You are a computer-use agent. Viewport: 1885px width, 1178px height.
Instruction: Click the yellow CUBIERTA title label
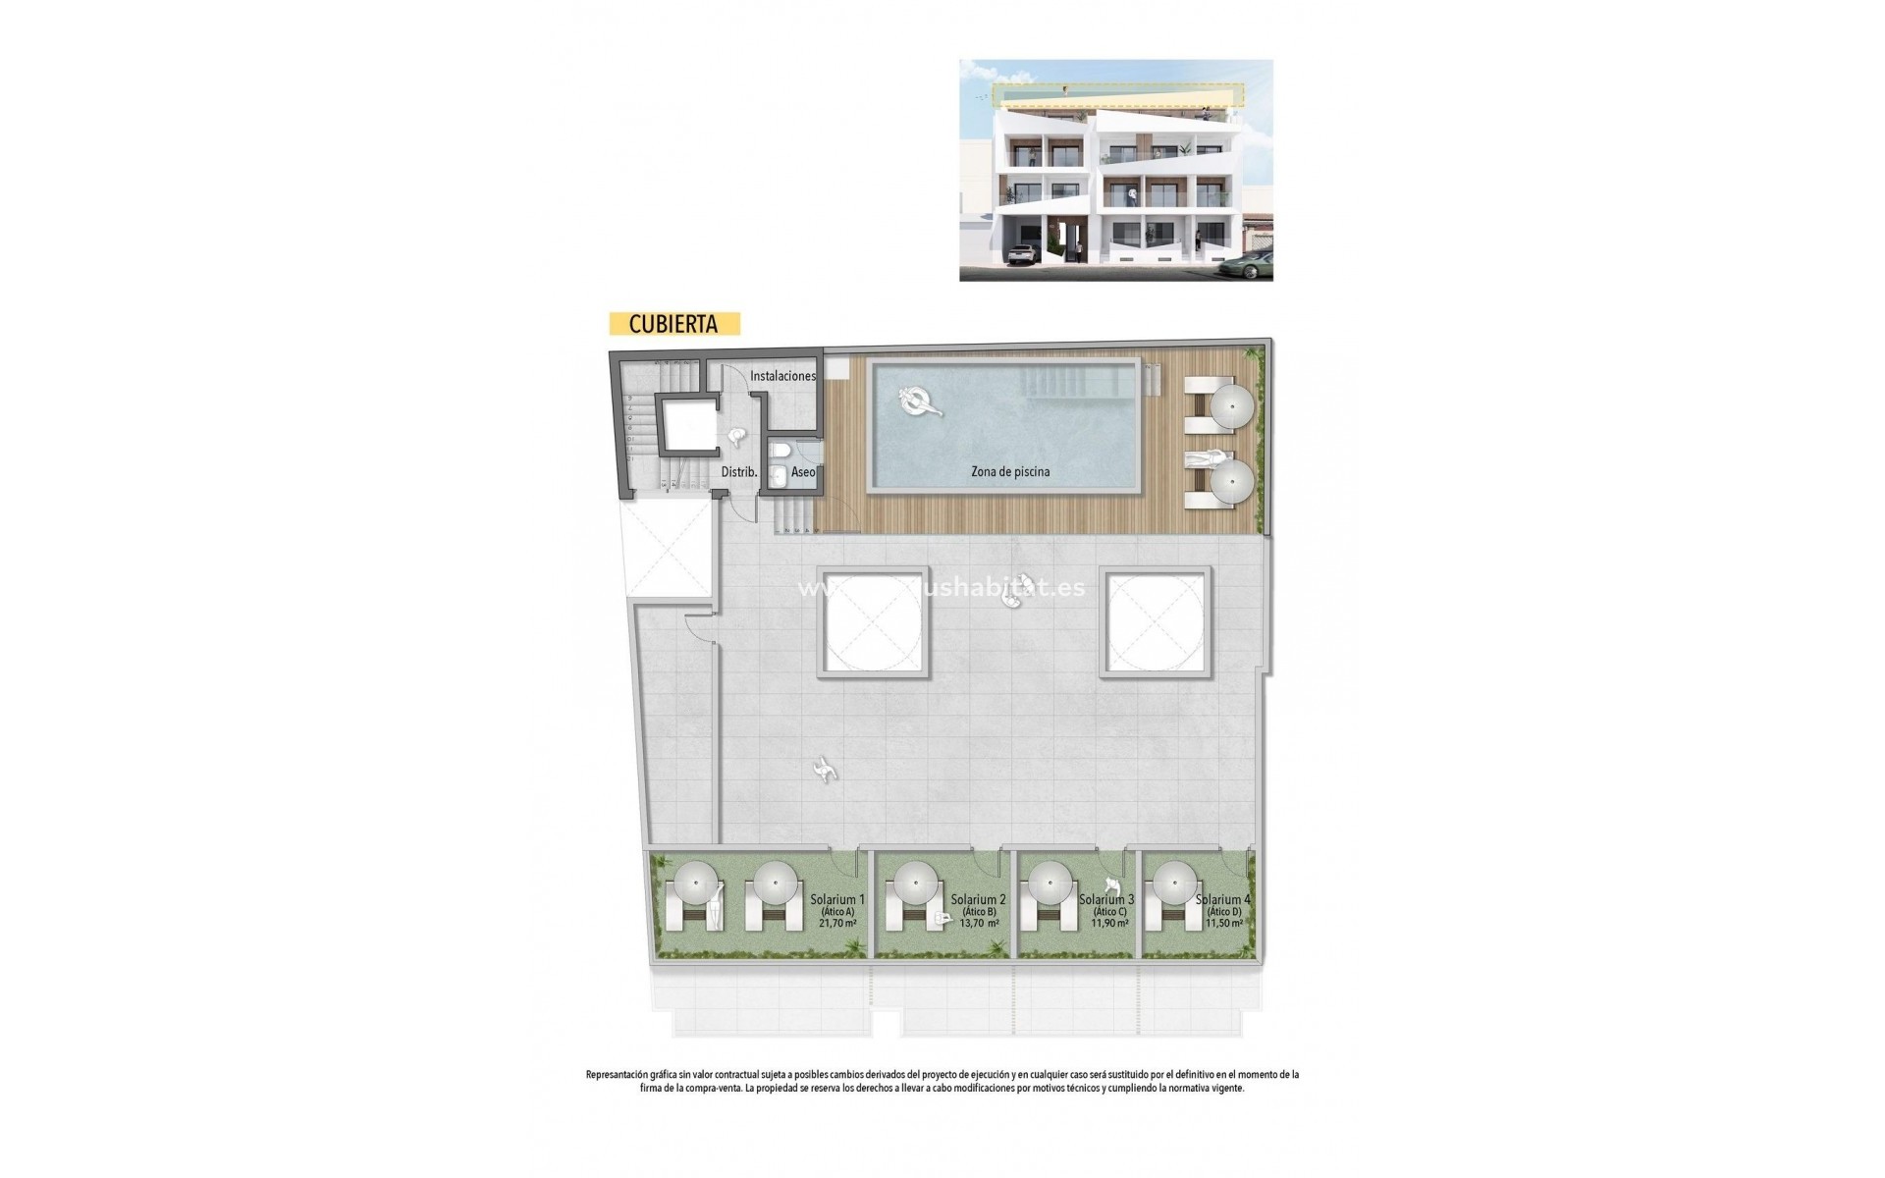pos(673,324)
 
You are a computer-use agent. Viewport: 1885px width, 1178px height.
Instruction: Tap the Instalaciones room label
pos(782,376)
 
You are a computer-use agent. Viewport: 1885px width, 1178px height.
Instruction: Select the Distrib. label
pos(738,472)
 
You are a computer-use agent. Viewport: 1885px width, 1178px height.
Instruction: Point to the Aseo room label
pos(803,472)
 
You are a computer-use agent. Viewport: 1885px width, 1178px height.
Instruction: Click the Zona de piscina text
pos(1009,472)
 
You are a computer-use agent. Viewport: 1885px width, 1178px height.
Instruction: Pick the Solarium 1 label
pos(836,899)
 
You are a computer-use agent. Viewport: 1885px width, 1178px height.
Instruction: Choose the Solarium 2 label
pos(978,899)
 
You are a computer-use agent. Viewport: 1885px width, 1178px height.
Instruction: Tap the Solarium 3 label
pos(1106,899)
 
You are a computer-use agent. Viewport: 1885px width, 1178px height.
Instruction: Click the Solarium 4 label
pos(1222,899)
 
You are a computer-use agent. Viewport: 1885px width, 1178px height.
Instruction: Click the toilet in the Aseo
pos(781,452)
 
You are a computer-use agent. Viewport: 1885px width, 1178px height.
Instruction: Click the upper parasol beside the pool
pos(1230,406)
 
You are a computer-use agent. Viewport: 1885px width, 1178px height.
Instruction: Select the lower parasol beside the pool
pos(1230,481)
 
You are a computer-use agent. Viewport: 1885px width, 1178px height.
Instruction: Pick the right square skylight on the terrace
pos(1157,622)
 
